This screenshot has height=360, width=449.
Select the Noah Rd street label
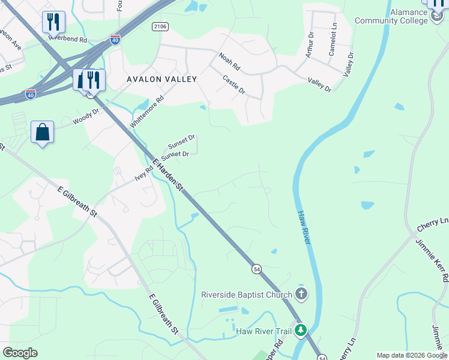(x=229, y=60)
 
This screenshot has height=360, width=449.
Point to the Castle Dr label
(x=234, y=84)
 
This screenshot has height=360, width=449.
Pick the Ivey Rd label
(x=145, y=173)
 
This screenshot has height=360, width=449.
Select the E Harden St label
(x=167, y=175)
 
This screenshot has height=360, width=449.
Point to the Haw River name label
(x=303, y=227)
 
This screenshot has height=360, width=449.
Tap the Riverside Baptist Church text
(x=246, y=295)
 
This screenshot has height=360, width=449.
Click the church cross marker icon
(x=301, y=294)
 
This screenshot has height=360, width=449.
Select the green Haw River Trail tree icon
(x=301, y=331)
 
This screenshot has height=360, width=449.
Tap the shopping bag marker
(x=43, y=132)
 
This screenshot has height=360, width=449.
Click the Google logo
(x=20, y=353)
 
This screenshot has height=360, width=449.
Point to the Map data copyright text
(x=411, y=355)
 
